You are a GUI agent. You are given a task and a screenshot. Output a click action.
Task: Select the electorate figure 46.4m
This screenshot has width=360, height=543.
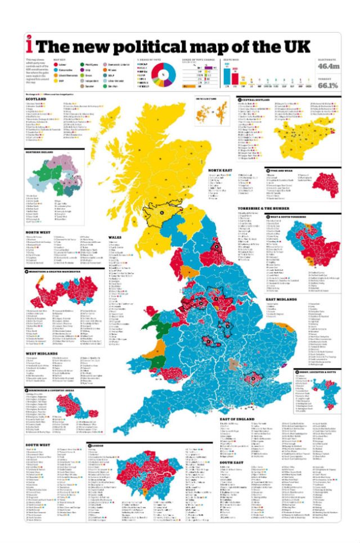coord(328,66)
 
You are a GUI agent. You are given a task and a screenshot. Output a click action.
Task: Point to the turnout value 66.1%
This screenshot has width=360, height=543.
coord(328,85)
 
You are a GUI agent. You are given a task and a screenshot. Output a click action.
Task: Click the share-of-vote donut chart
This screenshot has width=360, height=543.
coord(163,75)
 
